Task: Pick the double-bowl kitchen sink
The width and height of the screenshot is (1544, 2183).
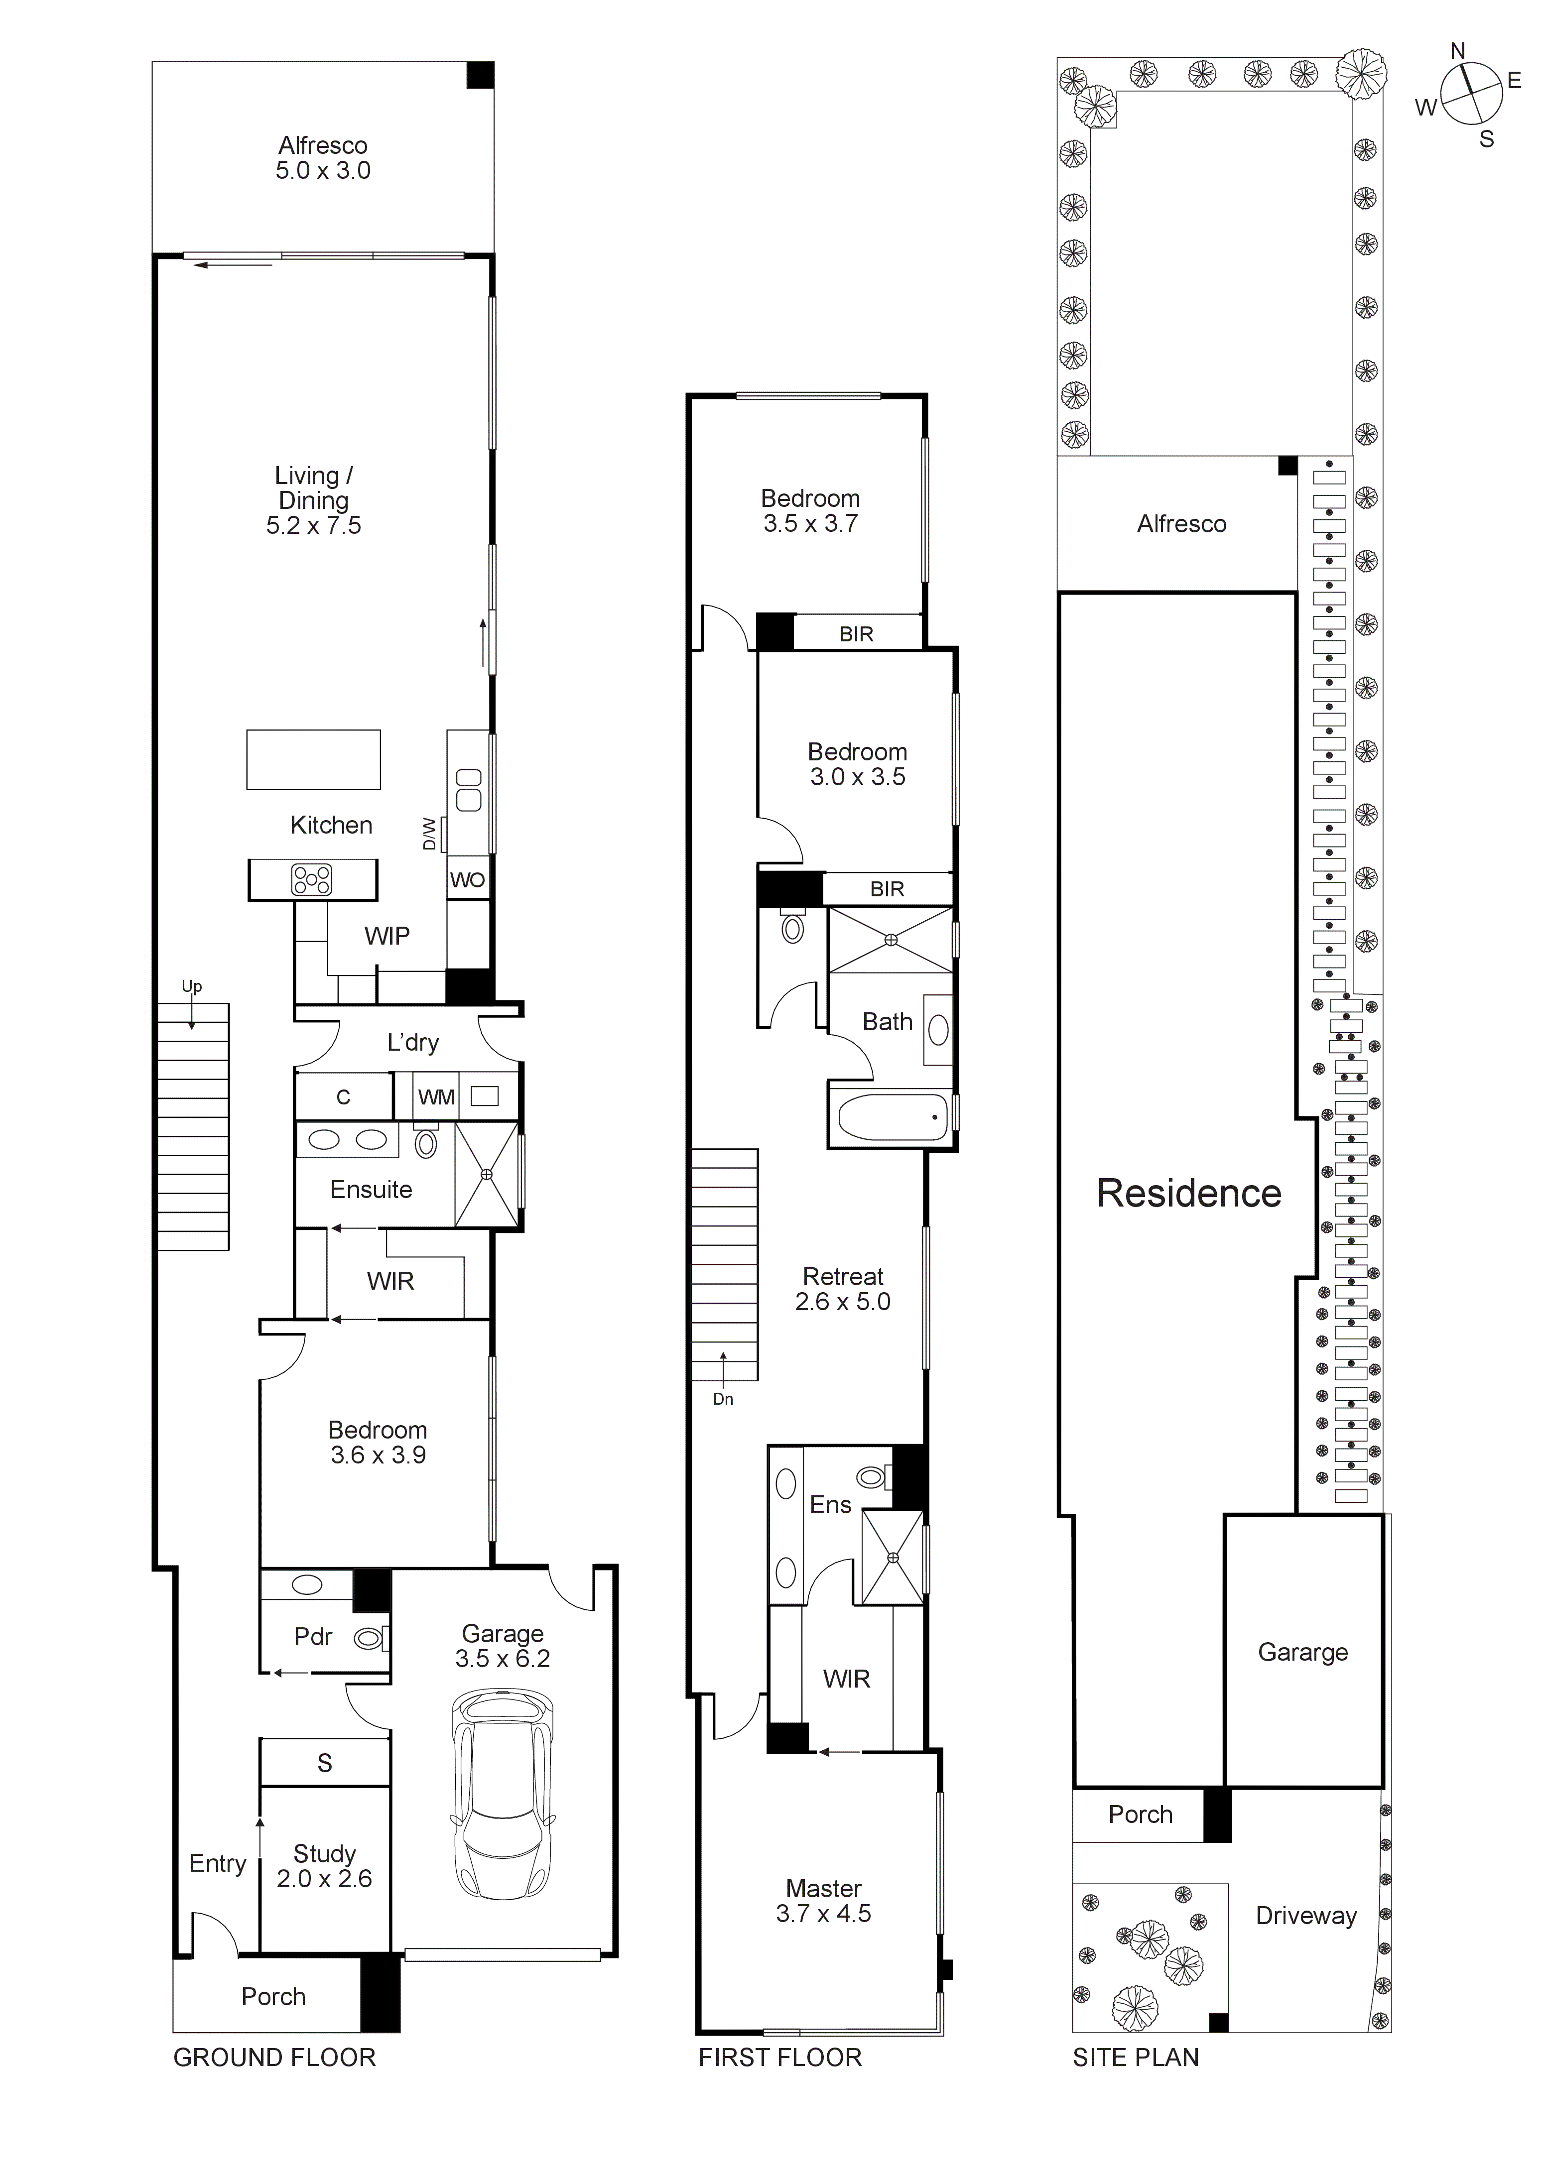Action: pyautogui.click(x=469, y=791)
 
